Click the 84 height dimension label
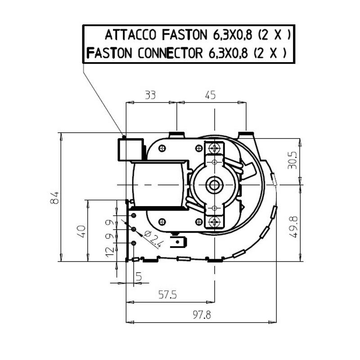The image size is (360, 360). [x=54, y=198]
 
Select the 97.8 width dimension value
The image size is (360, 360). [x=202, y=315]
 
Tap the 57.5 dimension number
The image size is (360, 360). [x=167, y=294]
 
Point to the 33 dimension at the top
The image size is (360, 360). [x=150, y=94]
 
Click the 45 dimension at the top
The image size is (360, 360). [x=210, y=94]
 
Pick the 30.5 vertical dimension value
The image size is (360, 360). [x=292, y=160]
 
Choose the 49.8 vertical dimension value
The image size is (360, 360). [x=293, y=227]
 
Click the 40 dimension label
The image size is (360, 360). [x=82, y=231]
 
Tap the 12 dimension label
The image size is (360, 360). [x=110, y=252]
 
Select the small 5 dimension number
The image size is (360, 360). [x=139, y=276]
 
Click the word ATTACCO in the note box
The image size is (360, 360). [x=130, y=35]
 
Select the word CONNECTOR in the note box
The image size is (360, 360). [x=170, y=53]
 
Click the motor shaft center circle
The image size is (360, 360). [x=215, y=185]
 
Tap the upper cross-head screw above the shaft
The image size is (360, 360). [x=215, y=149]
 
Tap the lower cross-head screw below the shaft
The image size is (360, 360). [x=215, y=221]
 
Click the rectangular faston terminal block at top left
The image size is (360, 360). [x=130, y=149]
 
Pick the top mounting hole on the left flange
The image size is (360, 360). [x=133, y=216]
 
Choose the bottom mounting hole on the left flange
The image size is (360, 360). [x=133, y=243]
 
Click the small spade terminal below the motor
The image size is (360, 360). [x=178, y=243]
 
